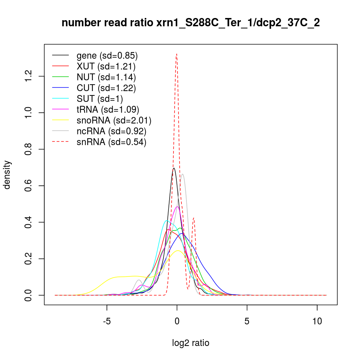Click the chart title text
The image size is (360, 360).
tap(191, 23)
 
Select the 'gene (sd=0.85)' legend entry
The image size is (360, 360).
tap(107, 56)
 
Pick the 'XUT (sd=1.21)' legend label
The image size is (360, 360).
tap(106, 67)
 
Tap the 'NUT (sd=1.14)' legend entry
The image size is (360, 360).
tap(106, 77)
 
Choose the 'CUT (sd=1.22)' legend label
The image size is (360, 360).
tap(106, 88)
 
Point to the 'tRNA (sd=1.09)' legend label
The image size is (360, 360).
tap(108, 110)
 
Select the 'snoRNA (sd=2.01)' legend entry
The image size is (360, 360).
tap(114, 121)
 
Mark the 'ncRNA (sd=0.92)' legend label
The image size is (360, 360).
tap(111, 131)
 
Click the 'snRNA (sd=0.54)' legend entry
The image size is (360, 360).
tap(111, 142)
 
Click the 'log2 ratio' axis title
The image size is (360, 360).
tap(191, 343)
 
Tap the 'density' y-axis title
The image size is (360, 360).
tap(8, 175)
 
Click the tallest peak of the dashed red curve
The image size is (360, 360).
tap(176, 54)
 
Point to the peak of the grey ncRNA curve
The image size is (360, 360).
tap(183, 174)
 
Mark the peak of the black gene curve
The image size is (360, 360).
tap(174, 168)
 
